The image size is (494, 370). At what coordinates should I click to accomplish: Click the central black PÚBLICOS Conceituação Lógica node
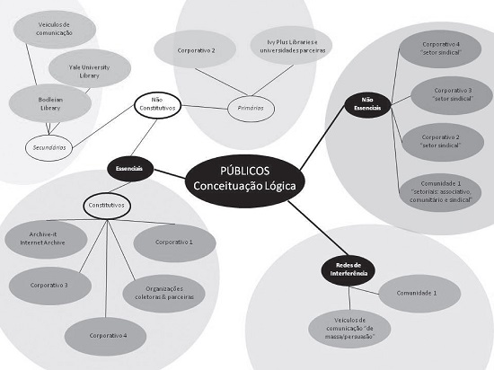coord(245,178)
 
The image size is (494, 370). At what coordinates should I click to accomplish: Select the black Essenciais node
coord(129,167)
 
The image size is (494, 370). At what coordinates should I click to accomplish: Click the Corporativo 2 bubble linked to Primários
coord(201,51)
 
